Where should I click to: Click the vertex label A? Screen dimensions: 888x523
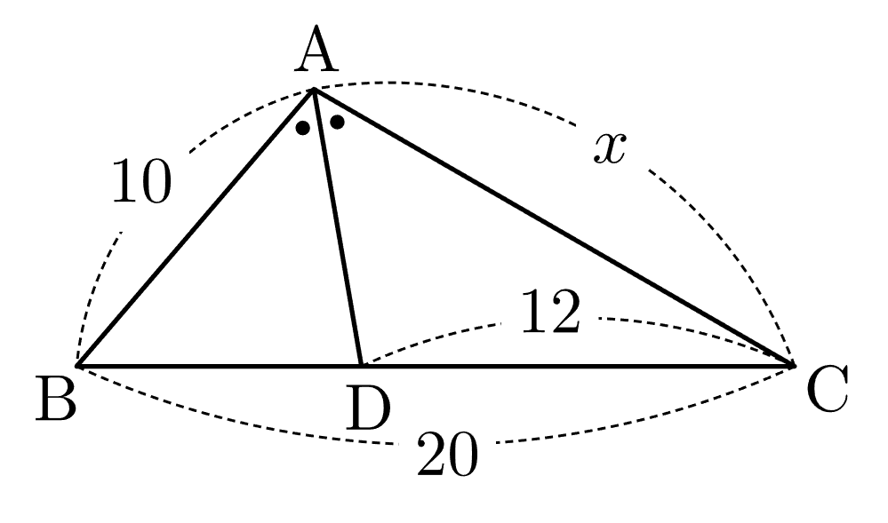pos(316,50)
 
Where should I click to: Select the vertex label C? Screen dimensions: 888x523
pos(828,388)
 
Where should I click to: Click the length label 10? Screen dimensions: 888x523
pos(141,181)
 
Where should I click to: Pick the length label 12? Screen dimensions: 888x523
pos(550,312)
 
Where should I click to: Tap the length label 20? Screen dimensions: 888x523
pos(447,454)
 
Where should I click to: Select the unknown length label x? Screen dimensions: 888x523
pos(610,149)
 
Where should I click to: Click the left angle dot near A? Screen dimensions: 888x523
pos(303,128)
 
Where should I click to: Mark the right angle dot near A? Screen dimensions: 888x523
pos(337,122)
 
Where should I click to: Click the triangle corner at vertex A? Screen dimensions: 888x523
pos(313,90)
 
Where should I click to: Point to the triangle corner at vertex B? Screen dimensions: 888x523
pos(78,366)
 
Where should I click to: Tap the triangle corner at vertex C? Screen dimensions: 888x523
pos(794,366)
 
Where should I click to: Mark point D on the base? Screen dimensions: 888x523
pos(361,366)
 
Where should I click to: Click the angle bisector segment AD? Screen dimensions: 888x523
pos(338,227)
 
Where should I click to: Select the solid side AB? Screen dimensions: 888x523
pos(196,227)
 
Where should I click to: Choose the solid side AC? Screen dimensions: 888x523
pos(553,227)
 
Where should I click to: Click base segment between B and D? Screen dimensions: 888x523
pos(220,366)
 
